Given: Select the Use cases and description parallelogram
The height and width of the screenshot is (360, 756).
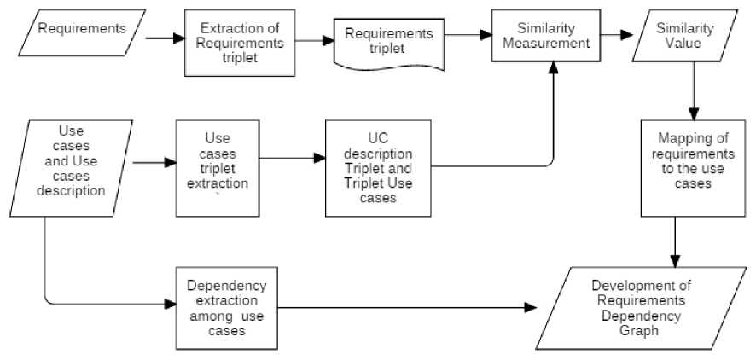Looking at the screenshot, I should pos(72,168).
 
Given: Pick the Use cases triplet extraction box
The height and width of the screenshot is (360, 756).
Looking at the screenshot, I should pos(218,167).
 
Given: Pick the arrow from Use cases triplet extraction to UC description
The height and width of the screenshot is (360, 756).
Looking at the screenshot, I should pos(293,158).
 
